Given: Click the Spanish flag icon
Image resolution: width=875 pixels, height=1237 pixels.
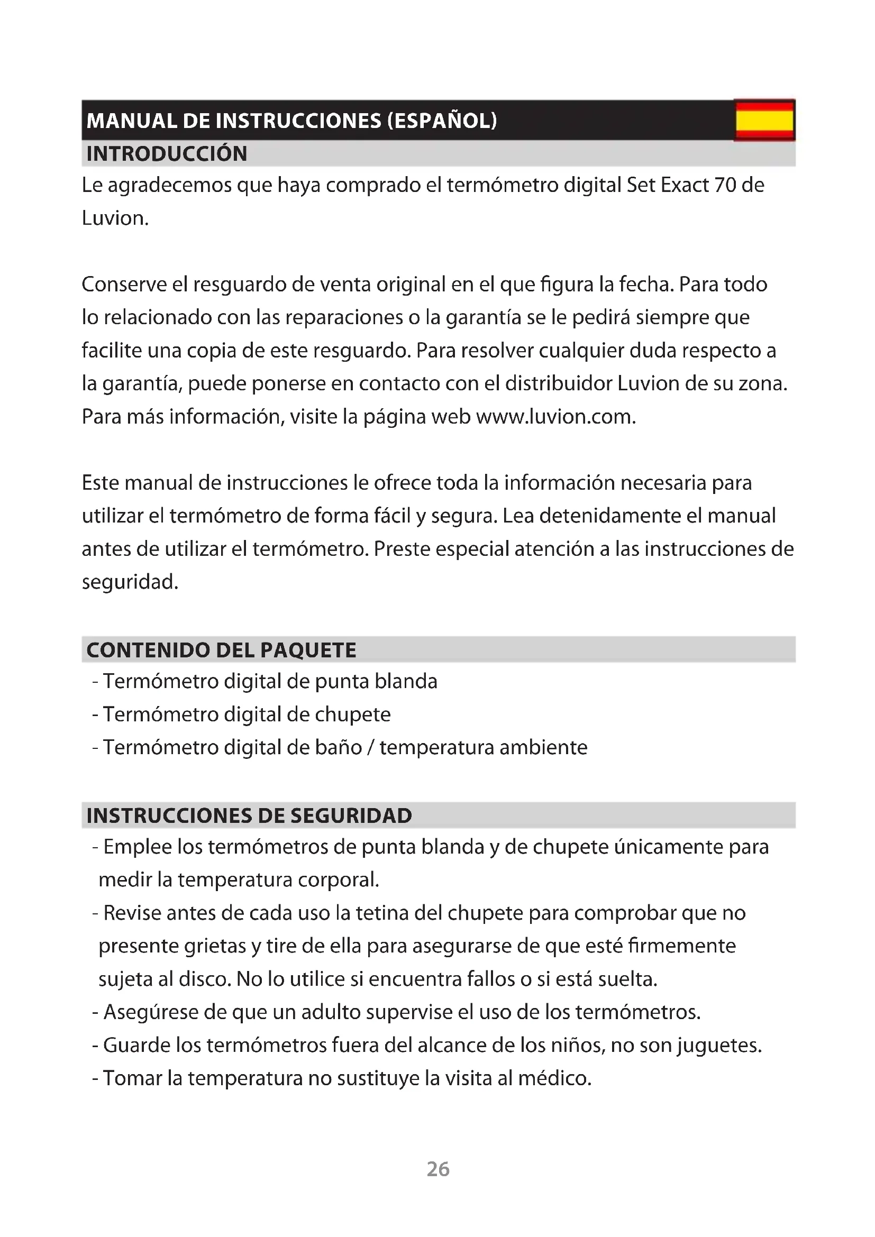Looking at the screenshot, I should pyautogui.click(x=764, y=120).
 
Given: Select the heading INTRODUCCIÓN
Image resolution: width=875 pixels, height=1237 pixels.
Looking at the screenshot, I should pyautogui.click(x=167, y=153).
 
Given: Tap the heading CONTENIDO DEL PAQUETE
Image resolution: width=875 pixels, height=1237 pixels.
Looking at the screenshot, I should pyautogui.click(x=221, y=650).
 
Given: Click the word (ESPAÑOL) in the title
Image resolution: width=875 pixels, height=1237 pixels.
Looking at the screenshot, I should pyautogui.click(x=442, y=120).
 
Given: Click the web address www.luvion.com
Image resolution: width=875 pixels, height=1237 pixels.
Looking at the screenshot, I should pyautogui.click(x=555, y=416).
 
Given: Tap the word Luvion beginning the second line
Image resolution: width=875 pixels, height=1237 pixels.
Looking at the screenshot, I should pyautogui.click(x=115, y=218).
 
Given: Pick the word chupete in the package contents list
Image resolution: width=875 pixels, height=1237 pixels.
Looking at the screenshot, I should pyautogui.click(x=352, y=714).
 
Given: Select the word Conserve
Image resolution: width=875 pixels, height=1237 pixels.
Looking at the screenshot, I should pyautogui.click(x=123, y=284).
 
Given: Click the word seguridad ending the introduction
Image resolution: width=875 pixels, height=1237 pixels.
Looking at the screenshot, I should pyautogui.click(x=129, y=582).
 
